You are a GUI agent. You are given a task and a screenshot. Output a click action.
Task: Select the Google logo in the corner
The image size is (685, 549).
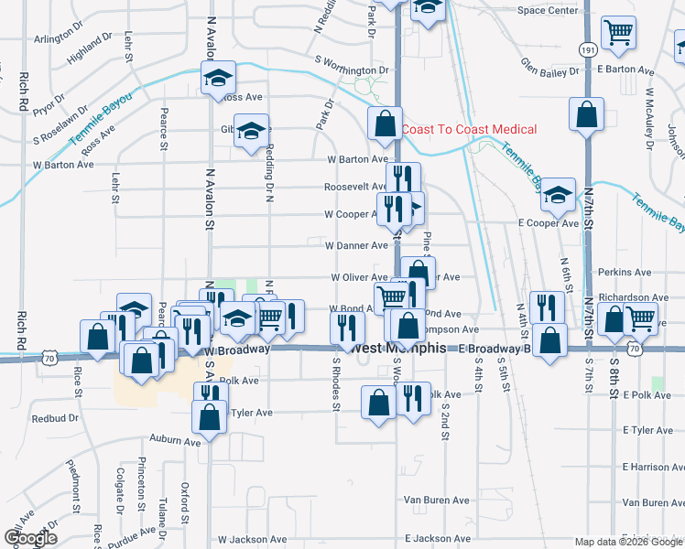coord(30,538)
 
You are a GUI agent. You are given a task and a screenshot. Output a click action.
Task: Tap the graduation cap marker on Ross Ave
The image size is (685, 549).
coord(219,77)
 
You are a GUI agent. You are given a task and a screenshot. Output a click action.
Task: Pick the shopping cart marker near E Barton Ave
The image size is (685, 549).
coord(620,32)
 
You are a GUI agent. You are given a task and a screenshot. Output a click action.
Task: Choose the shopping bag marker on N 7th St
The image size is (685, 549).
coord(586,114)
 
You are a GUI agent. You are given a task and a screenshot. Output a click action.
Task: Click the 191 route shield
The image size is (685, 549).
coord(589,48)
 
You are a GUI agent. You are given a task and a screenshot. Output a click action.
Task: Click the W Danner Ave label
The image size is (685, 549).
coord(357,245)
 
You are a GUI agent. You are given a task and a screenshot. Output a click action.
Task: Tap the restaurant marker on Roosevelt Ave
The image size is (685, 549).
coord(404,178)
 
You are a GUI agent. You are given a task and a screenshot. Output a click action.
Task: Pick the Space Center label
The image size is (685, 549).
coord(548,10)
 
